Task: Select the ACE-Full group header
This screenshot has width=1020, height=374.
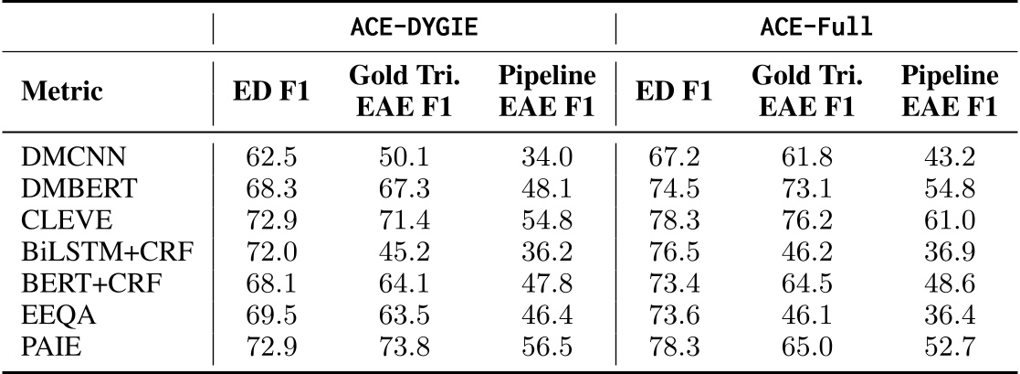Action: click(x=815, y=27)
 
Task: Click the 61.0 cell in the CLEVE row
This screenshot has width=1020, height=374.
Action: click(x=950, y=218)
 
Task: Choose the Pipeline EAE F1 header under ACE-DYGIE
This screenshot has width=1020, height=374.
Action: click(x=547, y=92)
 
